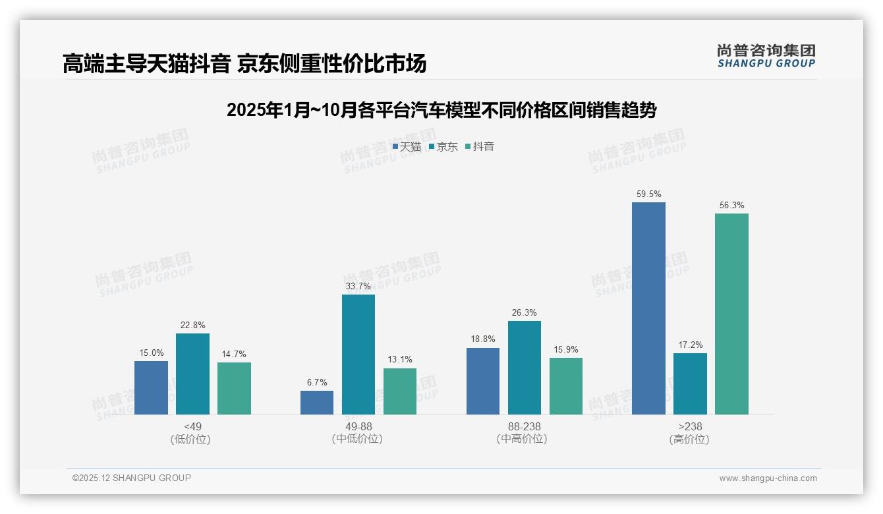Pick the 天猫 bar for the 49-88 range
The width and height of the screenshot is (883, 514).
[x=317, y=403]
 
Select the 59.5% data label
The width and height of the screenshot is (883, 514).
[x=648, y=194]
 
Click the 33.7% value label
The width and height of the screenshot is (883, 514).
[x=358, y=287]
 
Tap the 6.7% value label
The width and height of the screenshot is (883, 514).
[x=316, y=383]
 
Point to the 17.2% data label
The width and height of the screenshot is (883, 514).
[x=690, y=345]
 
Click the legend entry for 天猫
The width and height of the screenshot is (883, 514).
[x=407, y=147]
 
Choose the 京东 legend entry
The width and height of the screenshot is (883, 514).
[x=443, y=147]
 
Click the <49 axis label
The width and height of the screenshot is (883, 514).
[x=192, y=426]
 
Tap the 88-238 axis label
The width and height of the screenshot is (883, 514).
[x=524, y=426]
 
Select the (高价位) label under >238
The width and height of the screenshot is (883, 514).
[x=689, y=440]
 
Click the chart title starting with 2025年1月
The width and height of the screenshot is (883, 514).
[x=441, y=110]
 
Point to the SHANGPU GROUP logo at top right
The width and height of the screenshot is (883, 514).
[x=766, y=55]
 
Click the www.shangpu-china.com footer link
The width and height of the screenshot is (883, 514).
[x=768, y=478]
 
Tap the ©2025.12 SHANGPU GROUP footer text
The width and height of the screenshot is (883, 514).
[x=132, y=478]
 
